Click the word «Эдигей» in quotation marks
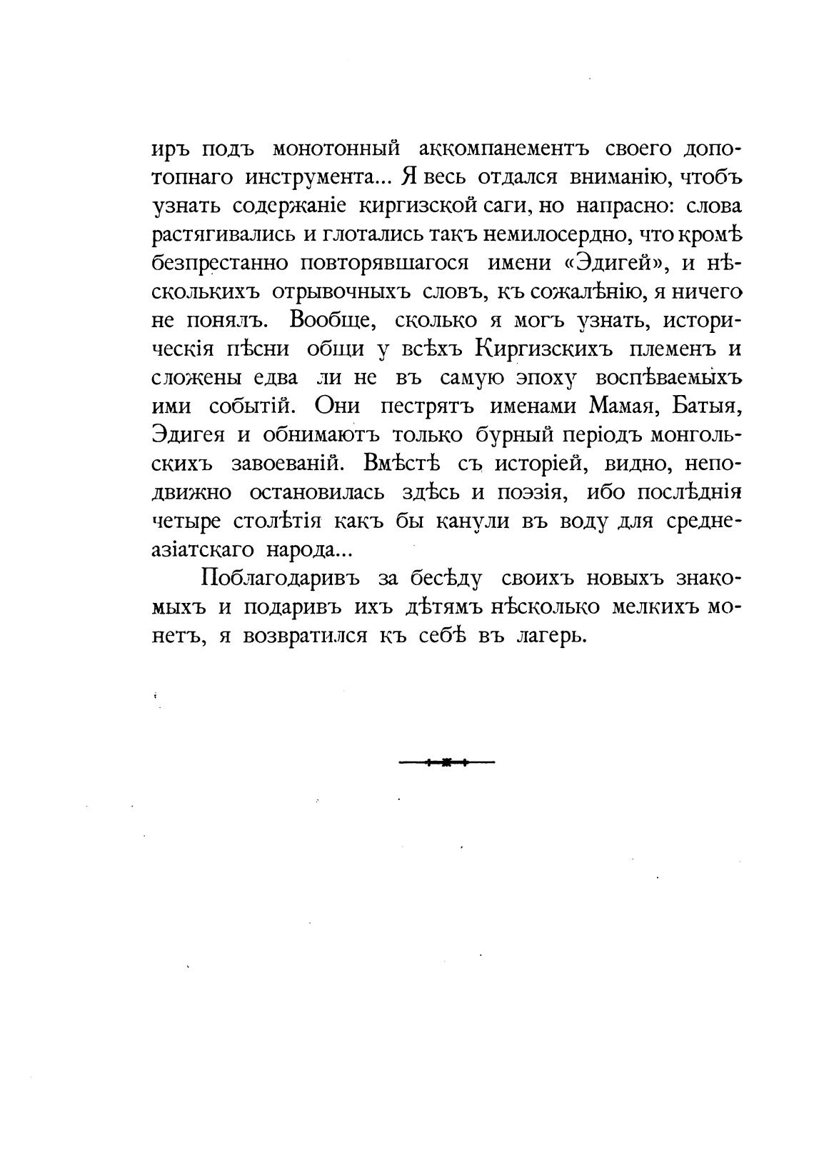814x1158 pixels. pyautogui.click(x=615, y=264)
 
